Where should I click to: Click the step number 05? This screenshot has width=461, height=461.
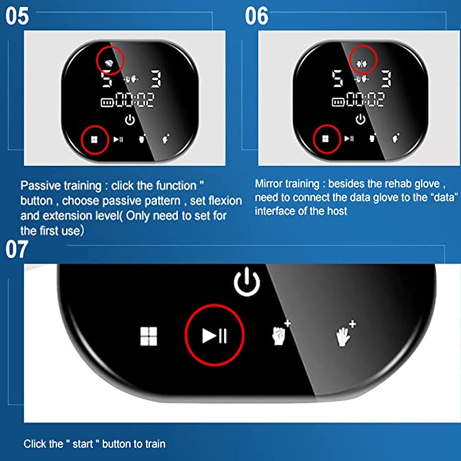[17, 16]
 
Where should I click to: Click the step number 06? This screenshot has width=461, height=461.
[256, 16]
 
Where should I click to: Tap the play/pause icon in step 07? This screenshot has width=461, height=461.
[215, 335]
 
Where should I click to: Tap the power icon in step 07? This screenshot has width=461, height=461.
[247, 282]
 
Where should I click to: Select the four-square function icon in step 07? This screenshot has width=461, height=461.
[149, 336]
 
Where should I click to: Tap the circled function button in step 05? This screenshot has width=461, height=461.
[94, 140]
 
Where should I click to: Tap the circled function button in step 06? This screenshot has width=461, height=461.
[325, 139]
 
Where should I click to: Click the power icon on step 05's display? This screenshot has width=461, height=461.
[130, 120]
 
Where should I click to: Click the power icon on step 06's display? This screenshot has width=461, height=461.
[361, 119]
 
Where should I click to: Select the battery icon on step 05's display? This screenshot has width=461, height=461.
[108, 102]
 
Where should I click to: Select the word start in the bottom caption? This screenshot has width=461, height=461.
[83, 444]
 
